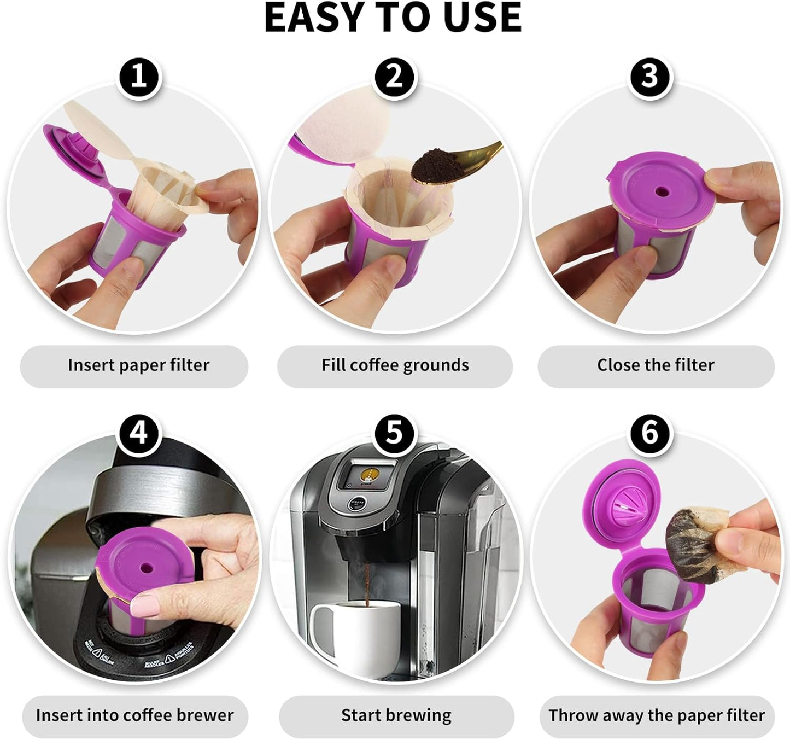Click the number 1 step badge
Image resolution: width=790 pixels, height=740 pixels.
pos(139,77)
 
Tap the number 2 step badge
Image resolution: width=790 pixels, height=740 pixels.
pos(394,77)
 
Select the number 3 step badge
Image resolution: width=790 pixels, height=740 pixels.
pos(649,77)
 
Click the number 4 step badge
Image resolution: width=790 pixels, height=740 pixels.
pos(139,434)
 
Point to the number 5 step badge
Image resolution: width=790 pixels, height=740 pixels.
pos(394,434)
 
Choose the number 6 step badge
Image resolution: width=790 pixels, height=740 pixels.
pos(649,434)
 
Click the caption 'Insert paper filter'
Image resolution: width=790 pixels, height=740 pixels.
pos(138,365)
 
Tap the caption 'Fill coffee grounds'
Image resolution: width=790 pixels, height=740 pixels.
pos(395,365)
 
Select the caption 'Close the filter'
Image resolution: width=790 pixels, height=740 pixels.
pos(656,365)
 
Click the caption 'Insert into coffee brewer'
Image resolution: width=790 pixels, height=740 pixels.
pos(134,715)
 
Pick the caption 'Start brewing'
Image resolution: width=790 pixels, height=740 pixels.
pos(396,715)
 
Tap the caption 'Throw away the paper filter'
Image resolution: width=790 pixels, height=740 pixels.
pos(657,715)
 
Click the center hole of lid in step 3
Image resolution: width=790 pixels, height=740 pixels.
pos(662,192)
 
